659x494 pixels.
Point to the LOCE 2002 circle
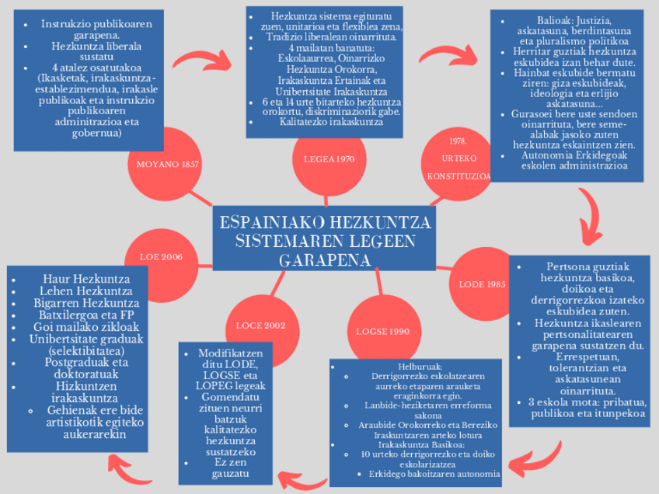[x=261, y=325]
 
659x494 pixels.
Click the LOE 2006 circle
[x=161, y=257]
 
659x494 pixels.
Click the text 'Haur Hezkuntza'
[x=85, y=278]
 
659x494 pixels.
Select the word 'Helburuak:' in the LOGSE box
[x=420, y=365]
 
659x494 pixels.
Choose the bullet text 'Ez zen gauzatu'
[x=221, y=468]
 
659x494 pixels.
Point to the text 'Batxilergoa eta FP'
[x=85, y=315]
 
